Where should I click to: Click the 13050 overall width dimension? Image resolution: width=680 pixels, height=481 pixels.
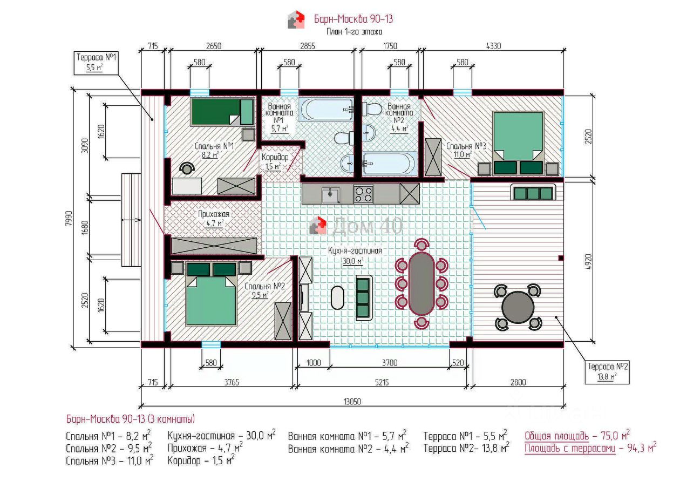[352, 402]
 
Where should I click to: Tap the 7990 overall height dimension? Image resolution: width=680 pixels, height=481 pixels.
[69, 218]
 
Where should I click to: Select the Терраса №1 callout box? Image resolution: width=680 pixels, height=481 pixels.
[96, 63]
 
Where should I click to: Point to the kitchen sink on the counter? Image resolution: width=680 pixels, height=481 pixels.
[331, 195]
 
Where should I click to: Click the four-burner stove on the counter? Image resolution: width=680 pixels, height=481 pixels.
[363, 194]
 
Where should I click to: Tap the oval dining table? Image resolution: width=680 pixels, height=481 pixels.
[421, 283]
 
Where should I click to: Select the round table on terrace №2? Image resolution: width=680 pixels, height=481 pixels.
[518, 307]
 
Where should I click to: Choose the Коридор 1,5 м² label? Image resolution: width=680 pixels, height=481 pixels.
[275, 162]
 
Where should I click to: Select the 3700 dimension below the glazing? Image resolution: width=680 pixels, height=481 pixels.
[390, 363]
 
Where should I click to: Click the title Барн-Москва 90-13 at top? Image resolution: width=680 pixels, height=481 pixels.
[353, 19]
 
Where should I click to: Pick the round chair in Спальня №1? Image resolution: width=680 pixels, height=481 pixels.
[187, 167]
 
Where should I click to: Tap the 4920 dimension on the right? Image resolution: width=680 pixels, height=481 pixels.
[588, 262]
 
